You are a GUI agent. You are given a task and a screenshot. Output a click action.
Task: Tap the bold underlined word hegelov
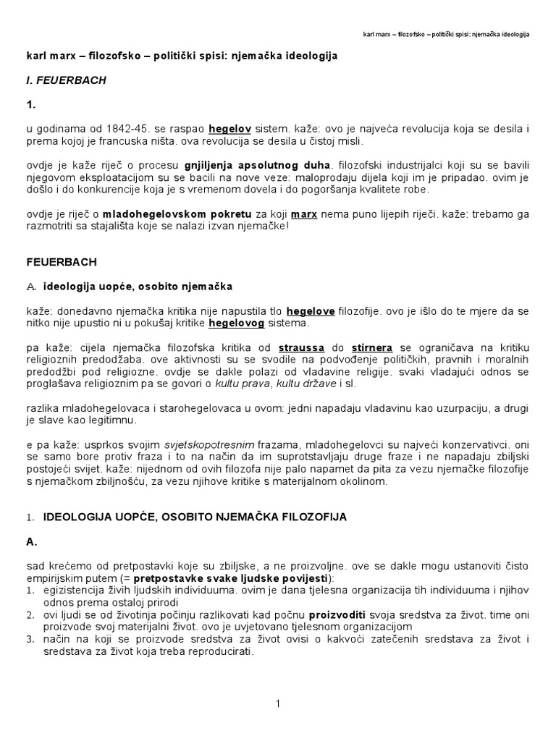(x=229, y=129)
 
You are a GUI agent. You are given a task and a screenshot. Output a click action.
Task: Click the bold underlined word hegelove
(x=311, y=311)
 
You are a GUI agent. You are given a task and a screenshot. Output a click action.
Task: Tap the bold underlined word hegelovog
(x=237, y=323)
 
